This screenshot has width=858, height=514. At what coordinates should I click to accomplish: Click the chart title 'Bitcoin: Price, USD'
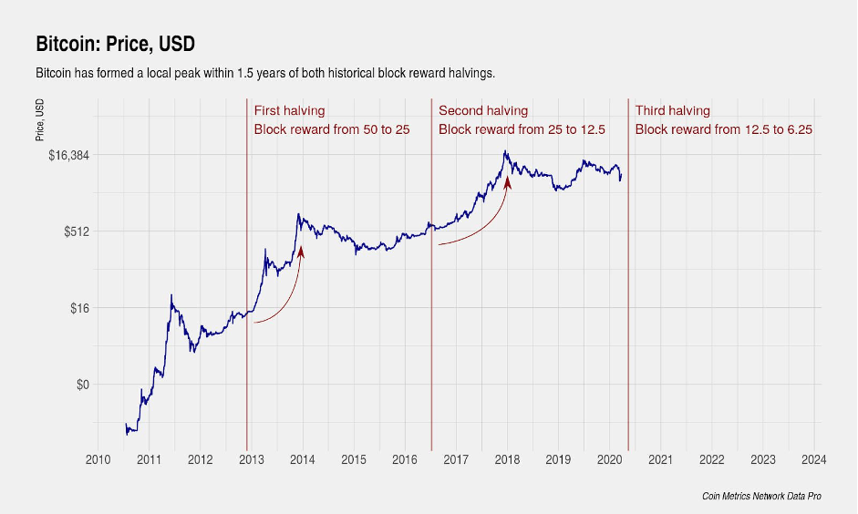pos(115,44)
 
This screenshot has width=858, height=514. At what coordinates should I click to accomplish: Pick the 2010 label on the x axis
pos(98,459)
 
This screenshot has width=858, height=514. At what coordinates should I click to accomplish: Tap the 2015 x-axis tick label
pos(354,459)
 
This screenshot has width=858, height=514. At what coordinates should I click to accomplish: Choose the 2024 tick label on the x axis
pos(814,459)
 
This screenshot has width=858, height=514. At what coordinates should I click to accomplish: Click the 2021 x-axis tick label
pos(660,459)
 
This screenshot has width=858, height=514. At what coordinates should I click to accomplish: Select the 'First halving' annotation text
pos(289,111)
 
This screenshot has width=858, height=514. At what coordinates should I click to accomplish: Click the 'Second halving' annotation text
pos(483,111)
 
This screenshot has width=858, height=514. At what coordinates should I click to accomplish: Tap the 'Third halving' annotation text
pos(672,111)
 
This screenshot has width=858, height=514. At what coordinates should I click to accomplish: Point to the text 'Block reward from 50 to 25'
pos(332,129)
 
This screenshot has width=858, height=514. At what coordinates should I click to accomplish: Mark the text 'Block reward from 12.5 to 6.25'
pos(724,129)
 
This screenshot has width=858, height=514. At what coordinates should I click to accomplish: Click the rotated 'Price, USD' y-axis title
pos(40,119)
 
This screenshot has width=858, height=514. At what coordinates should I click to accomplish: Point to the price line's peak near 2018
pos(504,151)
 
